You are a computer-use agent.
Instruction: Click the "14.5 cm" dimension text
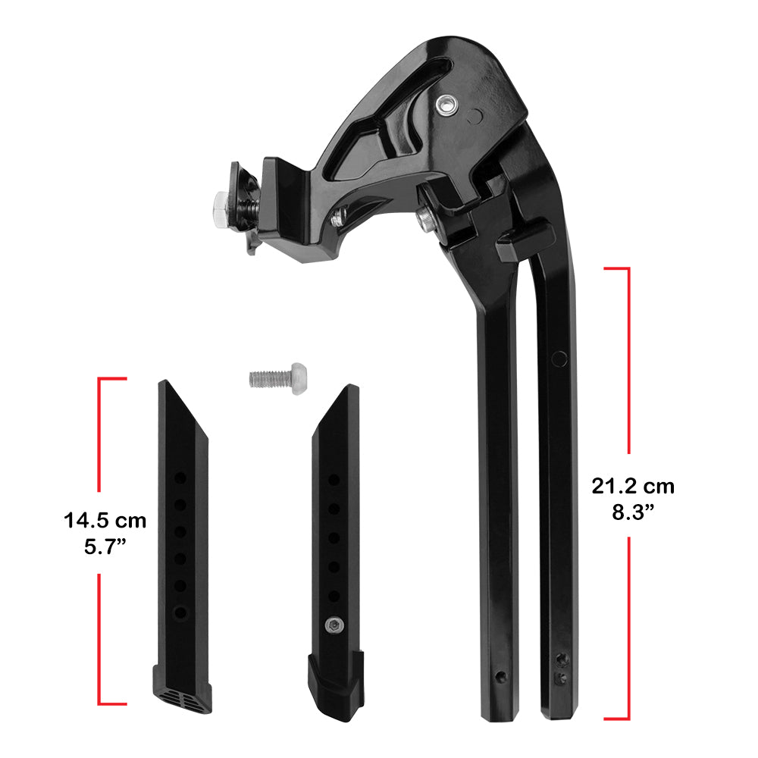click(105, 521)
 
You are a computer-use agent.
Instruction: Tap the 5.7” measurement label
click(105, 547)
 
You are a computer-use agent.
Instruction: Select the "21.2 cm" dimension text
click(633, 486)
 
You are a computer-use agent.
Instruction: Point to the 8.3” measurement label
click(633, 512)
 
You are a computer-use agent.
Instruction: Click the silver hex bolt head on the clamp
click(221, 208)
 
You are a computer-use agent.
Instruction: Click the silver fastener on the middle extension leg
click(334, 626)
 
